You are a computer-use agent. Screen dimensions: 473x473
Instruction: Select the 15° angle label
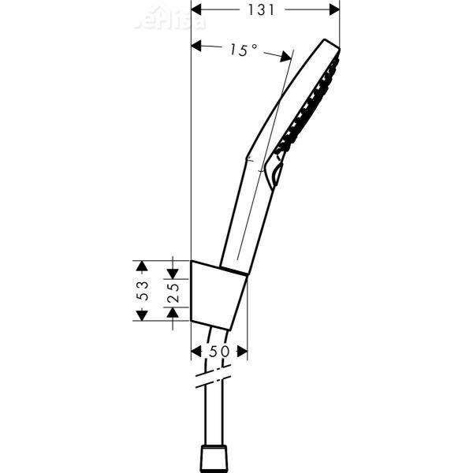[x=244, y=50]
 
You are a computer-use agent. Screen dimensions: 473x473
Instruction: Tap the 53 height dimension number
[x=143, y=290]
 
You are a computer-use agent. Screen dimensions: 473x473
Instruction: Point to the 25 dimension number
[x=174, y=291]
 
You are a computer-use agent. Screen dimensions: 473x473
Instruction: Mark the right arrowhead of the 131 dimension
[x=333, y=9]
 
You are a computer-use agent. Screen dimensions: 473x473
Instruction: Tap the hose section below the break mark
[x=215, y=414]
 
